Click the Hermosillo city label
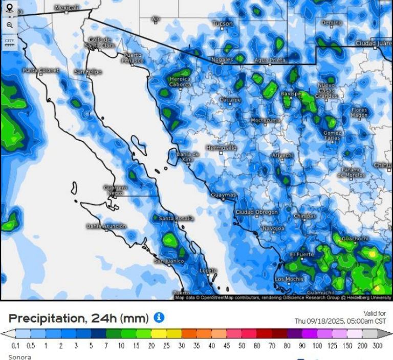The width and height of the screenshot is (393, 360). click(221, 147)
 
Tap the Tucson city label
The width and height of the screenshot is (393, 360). click(222, 24)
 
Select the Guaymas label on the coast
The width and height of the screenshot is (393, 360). click(224, 195)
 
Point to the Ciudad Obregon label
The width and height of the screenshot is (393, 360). click(257, 211)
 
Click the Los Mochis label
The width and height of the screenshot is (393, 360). click(289, 279)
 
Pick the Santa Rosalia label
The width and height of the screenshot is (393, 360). click(176, 218)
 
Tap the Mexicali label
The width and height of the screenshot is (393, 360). click(67, 8)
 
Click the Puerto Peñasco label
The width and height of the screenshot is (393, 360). click(133, 57)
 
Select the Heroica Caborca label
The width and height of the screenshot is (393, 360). click(180, 82)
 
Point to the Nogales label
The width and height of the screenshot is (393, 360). click(222, 59)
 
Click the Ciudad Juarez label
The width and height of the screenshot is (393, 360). click(374, 43)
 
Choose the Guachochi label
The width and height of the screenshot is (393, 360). click(354, 239)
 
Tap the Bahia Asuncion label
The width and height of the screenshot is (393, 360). click(106, 226)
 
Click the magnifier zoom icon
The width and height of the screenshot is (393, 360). click(9, 25)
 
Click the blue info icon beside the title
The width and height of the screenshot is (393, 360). click(159, 317)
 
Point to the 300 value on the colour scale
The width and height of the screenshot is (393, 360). click(377, 346)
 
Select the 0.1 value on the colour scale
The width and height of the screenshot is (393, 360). click(15, 346)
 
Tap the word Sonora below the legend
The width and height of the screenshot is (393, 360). click(19, 356)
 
